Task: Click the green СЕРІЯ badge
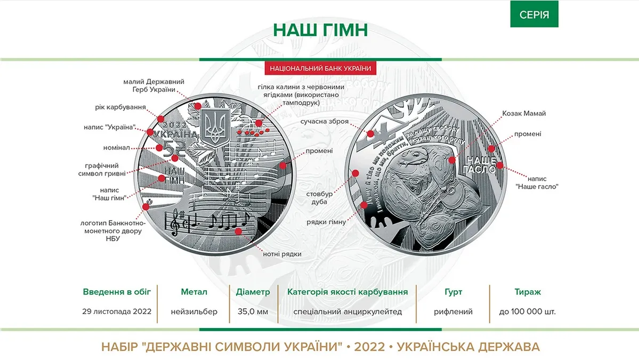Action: click(535, 14)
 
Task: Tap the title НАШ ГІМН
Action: click(320, 30)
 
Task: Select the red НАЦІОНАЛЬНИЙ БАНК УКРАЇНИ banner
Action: click(320, 68)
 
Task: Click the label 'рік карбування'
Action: click(121, 107)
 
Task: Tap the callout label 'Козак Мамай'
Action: click(524, 114)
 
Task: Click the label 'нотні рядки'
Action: click(282, 254)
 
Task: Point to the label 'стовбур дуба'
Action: click(322, 197)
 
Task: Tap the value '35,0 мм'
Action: click(253, 311)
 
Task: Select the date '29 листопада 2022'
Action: click(117, 311)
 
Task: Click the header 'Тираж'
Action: click(528, 292)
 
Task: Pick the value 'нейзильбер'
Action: click(194, 311)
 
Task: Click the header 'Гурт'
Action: click(453, 292)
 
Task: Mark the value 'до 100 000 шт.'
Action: click(528, 311)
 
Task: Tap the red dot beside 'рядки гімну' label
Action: click(365, 205)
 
